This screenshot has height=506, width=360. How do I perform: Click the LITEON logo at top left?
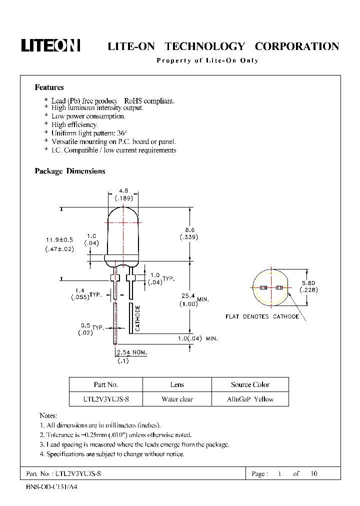click(x=50, y=45)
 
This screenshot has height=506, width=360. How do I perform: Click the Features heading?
click(x=49, y=87)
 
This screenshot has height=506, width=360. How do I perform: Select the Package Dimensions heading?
click(x=70, y=171)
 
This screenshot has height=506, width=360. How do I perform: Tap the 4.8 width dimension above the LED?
click(x=123, y=190)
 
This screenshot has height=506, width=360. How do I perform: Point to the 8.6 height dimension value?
click(x=189, y=230)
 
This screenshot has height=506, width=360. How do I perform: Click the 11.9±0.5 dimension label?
click(x=59, y=240)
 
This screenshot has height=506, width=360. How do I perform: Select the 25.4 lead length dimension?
click(x=188, y=296)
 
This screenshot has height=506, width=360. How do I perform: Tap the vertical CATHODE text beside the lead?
click(x=137, y=318)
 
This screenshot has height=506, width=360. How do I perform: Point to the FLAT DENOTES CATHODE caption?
click(x=262, y=316)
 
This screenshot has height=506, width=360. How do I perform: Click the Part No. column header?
click(x=105, y=384)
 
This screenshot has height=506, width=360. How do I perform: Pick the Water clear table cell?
click(x=177, y=399)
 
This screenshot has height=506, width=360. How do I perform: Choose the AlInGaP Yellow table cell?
click(x=250, y=399)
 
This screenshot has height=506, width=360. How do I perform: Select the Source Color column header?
click(x=250, y=384)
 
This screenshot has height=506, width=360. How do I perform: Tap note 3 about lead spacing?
click(x=134, y=444)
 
